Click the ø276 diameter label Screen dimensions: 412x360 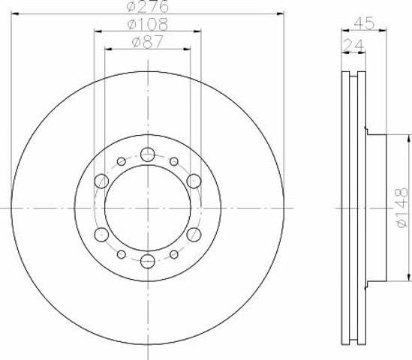[147, 6]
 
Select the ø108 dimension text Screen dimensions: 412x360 [147, 24]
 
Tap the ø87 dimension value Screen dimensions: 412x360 [147, 42]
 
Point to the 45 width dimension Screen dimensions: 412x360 [364, 23]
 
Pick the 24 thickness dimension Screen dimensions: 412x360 [353, 45]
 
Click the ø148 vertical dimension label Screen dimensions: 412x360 [402, 208]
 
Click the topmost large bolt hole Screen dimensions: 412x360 [147, 154]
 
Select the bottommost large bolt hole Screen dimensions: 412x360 [147, 261]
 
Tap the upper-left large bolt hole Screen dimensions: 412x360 [101, 181]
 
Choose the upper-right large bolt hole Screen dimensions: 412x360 [194, 181]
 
